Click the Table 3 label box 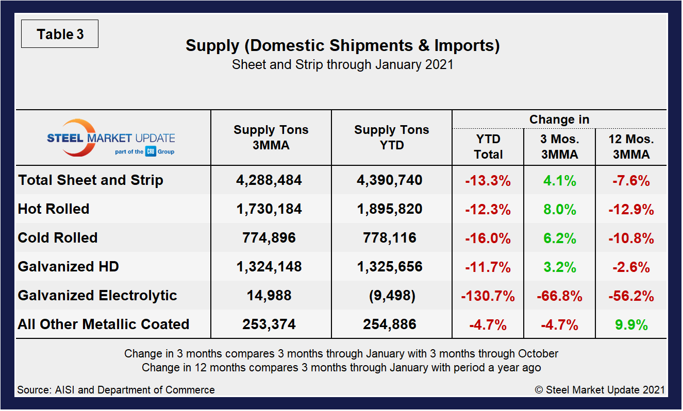(60, 35)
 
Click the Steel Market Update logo (111, 138)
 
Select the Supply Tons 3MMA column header (271, 138)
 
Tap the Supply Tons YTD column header (391, 138)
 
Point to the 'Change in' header (559, 120)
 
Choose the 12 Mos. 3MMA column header (631, 147)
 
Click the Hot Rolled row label (54, 209)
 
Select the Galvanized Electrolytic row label (97, 296)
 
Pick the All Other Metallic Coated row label (104, 324)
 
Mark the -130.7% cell (488, 296)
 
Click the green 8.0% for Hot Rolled (559, 209)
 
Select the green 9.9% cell (631, 324)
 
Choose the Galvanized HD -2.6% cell (631, 267)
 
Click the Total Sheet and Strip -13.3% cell (488, 180)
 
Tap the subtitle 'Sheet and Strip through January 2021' (342, 65)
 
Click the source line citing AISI (116, 390)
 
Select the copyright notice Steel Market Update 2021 (599, 390)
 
